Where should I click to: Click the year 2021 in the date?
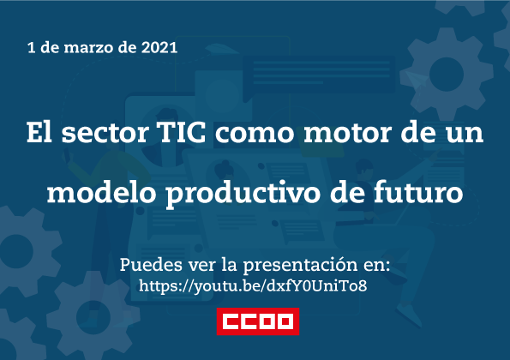(159, 47)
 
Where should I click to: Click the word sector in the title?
(105, 134)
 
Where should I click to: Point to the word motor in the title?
(347, 134)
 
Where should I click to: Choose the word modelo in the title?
(102, 192)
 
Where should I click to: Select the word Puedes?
(151, 265)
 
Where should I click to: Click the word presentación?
(301, 266)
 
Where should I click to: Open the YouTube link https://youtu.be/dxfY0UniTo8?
(253, 286)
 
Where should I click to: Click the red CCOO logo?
(258, 321)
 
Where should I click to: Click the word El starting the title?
(39, 132)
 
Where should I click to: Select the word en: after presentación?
(377, 266)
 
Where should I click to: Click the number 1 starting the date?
(31, 48)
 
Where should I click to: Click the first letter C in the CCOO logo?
(232, 321)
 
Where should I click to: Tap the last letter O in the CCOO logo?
(285, 321)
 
